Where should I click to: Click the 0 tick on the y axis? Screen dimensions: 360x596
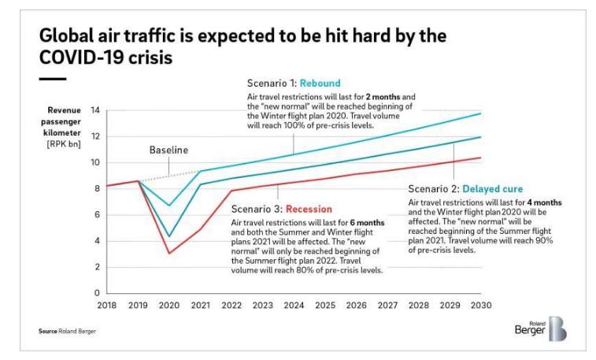pyautogui.click(x=98, y=293)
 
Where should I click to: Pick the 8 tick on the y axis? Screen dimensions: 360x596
pyautogui.click(x=98, y=188)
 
